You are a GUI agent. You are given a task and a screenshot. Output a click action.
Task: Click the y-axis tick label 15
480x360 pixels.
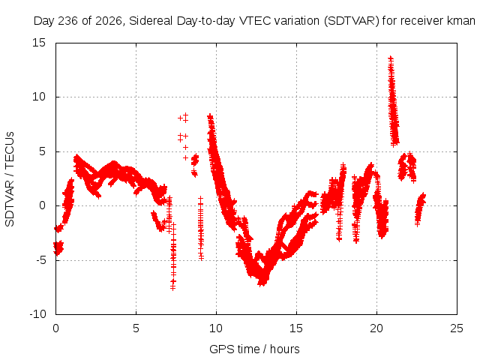[38, 43]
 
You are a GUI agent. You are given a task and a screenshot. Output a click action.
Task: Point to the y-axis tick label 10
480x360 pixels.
[38, 97]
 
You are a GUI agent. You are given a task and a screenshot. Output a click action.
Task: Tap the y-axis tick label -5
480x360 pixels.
[40, 260]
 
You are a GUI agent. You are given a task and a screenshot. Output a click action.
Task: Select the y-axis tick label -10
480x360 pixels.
[37, 314]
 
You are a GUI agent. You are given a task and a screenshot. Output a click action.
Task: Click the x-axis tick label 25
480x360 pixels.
[457, 328]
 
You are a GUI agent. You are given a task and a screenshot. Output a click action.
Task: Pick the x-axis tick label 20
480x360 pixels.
[376, 328]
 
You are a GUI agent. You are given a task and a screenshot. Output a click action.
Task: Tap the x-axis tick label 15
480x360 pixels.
[296, 328]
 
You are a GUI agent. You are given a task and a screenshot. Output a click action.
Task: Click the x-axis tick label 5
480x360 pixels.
[136, 328]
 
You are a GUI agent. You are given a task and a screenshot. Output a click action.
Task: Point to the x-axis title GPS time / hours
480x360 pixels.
[254, 349]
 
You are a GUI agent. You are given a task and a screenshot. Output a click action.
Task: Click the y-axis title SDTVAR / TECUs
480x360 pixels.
[10, 179]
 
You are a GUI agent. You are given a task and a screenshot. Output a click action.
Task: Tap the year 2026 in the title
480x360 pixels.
[109, 21]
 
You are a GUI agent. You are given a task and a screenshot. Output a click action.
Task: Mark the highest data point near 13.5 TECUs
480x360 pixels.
[391, 58]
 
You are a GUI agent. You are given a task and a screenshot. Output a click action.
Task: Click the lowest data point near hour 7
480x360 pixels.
[173, 288]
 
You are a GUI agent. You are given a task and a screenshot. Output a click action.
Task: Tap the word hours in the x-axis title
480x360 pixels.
[285, 349]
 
